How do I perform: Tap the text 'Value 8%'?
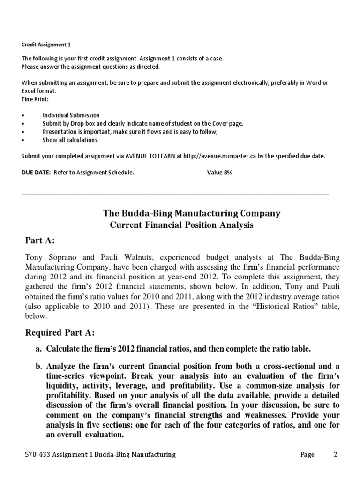click(219, 172)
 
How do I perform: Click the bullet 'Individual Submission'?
click(71, 115)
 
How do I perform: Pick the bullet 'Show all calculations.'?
click(70, 140)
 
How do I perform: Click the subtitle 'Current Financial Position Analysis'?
click(181, 225)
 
